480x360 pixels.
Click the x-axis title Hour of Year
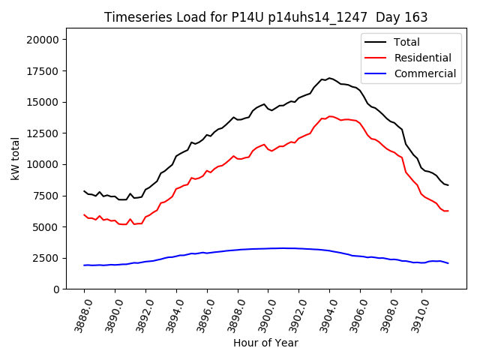[265, 343]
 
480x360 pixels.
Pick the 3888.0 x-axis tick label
[78, 314]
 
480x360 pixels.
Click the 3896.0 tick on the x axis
[201, 314]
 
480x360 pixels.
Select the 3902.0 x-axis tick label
[292, 314]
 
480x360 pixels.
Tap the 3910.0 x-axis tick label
[415, 314]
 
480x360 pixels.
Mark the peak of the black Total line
[329, 78]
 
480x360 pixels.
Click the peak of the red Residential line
[330, 116]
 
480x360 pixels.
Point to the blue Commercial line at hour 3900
[268, 248]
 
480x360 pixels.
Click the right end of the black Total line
[448, 184]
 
